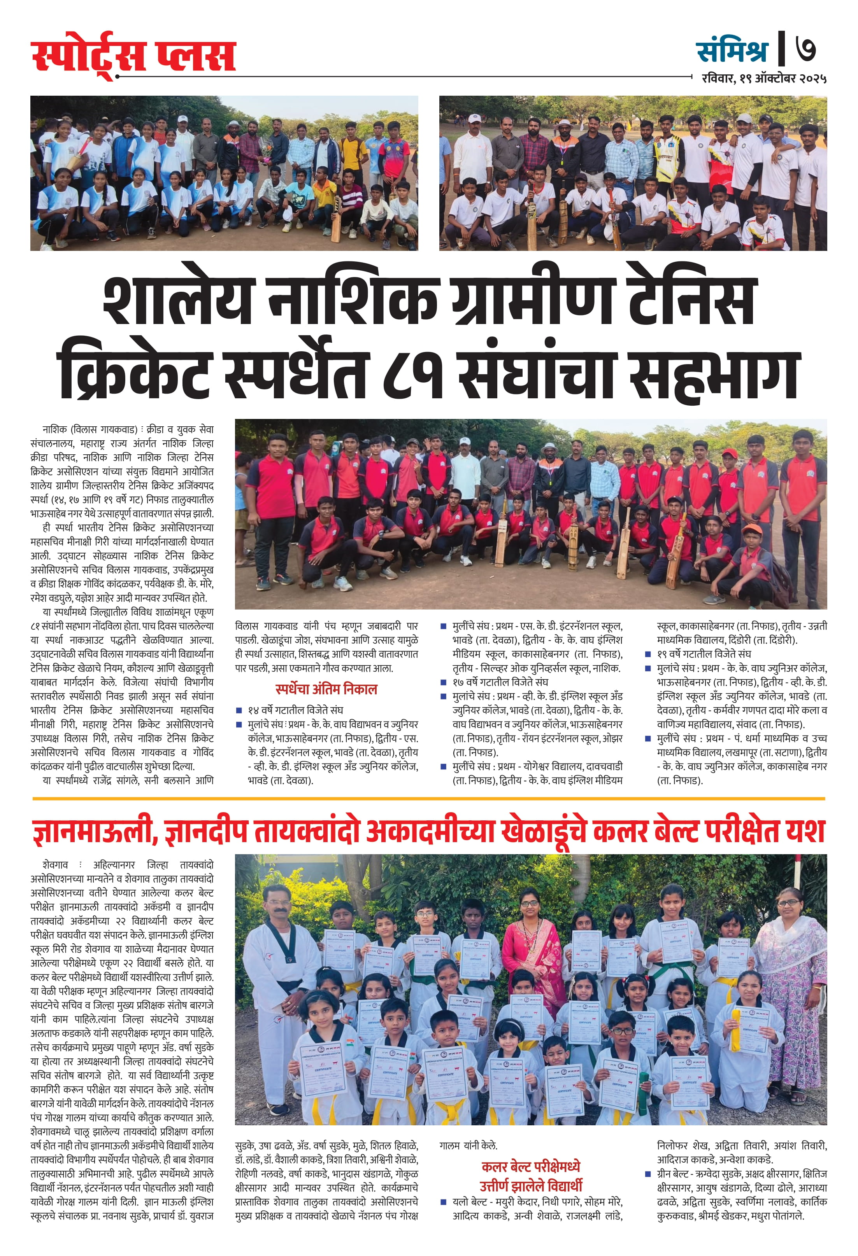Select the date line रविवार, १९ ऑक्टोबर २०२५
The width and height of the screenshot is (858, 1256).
coord(764,78)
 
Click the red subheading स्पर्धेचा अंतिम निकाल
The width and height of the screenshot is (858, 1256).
coord(326,689)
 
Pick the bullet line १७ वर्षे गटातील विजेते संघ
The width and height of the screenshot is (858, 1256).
coord(500,682)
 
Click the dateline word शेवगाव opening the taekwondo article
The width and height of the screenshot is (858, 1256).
coord(55,865)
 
